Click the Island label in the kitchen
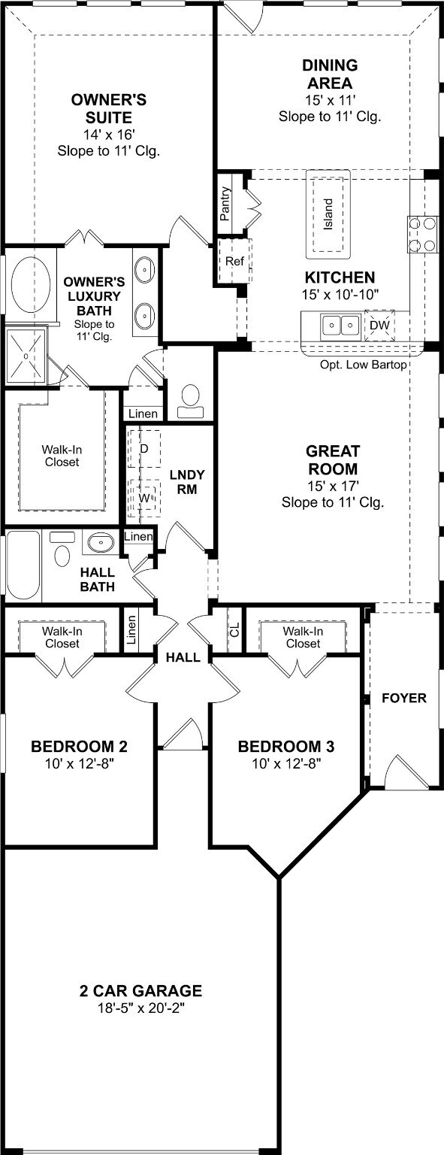pos(328,214)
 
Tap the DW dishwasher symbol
pos(379,326)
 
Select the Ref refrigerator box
pos(234,260)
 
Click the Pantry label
pos(225,204)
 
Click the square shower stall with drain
pos(26,356)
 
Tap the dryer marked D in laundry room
pos(143,449)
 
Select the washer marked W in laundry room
pos(144,498)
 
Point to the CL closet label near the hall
pos(235,629)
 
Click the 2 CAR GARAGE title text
pos(140,990)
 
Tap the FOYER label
pos(404,698)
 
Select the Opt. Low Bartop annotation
pos(363,365)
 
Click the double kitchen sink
pos(340,326)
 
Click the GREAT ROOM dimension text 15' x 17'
pos(333,485)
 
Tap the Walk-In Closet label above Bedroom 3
pos(304,638)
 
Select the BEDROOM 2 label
pos(80,746)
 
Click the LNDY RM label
pos(187,481)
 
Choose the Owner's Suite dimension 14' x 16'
pos(109,135)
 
